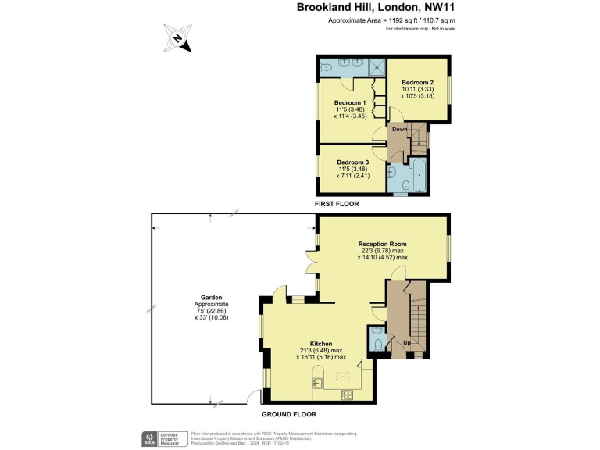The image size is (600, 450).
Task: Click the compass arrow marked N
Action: (178, 38)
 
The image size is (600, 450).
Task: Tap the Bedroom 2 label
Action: (417, 83)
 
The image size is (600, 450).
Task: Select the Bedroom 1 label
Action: (350, 103)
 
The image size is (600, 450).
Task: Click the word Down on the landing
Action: (399, 130)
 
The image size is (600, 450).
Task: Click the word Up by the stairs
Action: (406, 342)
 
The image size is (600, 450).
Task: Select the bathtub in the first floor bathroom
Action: (417, 175)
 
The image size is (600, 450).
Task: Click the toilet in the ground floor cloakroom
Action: (378, 343)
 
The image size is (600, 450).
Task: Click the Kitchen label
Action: (321, 344)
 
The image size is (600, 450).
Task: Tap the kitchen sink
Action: (318, 382)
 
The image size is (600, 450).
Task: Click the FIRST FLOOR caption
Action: (336, 203)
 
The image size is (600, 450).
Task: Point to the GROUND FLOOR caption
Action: (288, 414)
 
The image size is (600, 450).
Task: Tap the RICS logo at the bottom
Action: (146, 438)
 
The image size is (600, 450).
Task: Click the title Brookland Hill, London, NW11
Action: (374, 7)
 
